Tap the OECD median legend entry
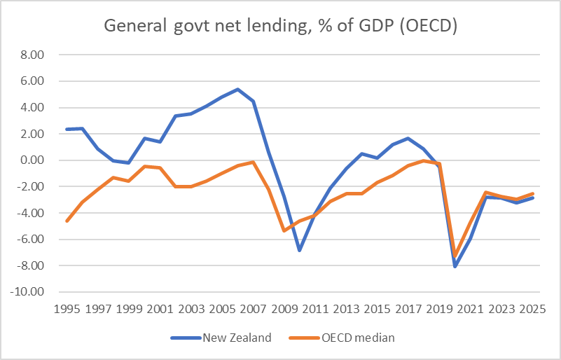point(359,338)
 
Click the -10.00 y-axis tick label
point(29,292)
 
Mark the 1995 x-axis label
point(67,308)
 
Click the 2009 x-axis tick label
point(282,308)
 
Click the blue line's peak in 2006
point(237,89)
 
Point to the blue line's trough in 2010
point(298,250)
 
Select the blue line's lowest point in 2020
point(455,267)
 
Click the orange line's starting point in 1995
point(67,221)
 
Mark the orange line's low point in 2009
point(283,230)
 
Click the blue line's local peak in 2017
point(408,138)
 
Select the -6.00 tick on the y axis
point(31,240)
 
